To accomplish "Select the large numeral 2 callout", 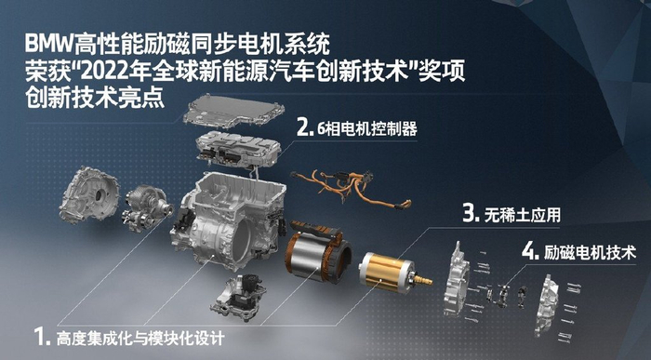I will (302, 127).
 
